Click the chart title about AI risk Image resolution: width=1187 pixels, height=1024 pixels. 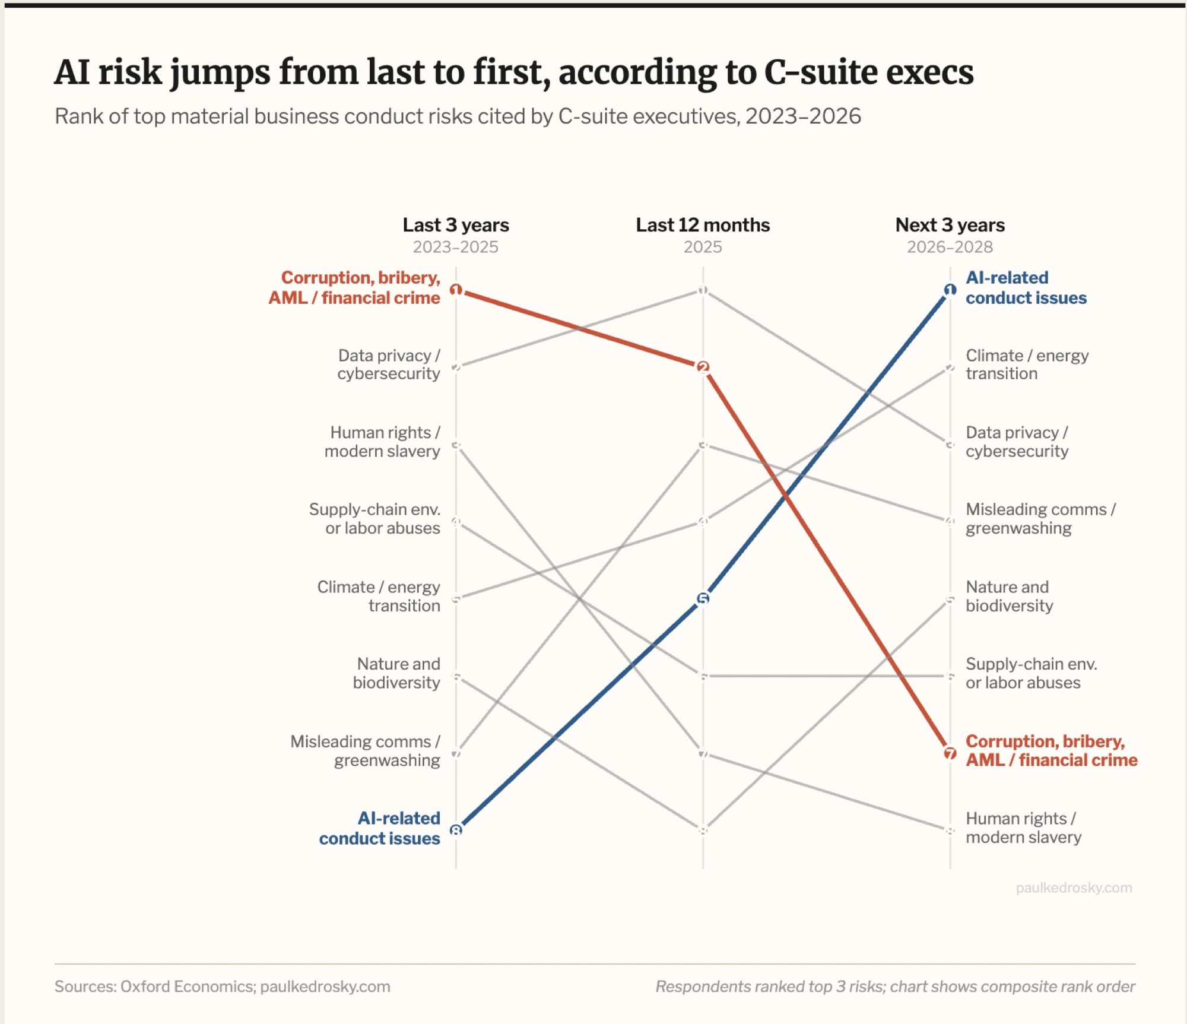tap(514, 72)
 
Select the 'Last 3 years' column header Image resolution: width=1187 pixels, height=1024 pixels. tap(456, 225)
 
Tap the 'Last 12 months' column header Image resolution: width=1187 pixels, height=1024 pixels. tap(703, 225)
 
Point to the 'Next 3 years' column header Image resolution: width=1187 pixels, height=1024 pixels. tap(950, 225)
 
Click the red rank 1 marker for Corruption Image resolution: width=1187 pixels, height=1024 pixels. tap(456, 290)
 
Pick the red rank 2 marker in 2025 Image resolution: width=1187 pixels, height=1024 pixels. tap(703, 367)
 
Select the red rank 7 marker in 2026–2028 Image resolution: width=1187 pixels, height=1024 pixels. tap(950, 753)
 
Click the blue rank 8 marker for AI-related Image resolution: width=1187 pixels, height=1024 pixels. tap(456, 830)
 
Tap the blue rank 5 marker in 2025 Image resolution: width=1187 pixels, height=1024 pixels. tap(703, 598)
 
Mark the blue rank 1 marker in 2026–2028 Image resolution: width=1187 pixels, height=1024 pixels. tap(950, 290)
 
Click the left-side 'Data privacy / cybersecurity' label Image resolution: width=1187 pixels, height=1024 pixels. tap(389, 364)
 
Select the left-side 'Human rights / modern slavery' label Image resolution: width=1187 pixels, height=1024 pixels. tap(382, 442)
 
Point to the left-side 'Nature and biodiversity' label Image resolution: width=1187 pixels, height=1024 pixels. tap(396, 673)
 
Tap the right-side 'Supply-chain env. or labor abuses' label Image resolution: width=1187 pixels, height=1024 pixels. tap(1032, 673)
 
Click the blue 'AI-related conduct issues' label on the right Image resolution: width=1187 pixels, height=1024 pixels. tap(1026, 288)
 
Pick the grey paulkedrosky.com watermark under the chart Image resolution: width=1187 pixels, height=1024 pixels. tap(1074, 887)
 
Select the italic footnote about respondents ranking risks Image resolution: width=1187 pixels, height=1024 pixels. tap(895, 987)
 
